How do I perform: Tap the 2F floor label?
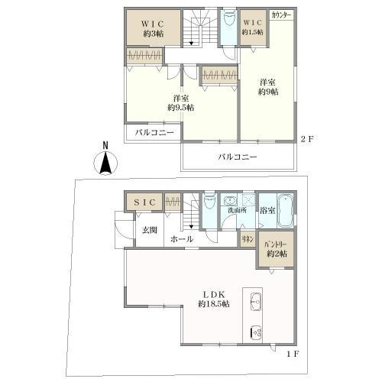click(x=306, y=138)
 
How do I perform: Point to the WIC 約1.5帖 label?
click(x=253, y=28)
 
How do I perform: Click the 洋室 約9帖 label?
click(x=267, y=87)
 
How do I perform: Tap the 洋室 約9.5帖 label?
click(x=181, y=103)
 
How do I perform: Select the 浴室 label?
click(x=267, y=209)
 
